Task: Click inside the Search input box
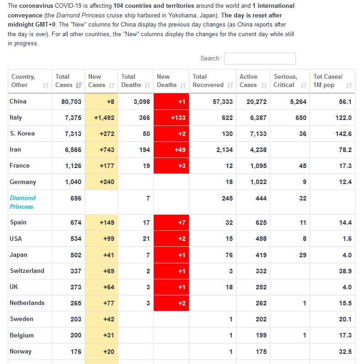click(260, 59)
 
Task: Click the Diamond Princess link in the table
click(22, 202)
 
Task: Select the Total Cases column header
click(68, 81)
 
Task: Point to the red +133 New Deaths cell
click(171, 118)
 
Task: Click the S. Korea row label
click(22, 134)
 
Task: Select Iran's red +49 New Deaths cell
click(171, 150)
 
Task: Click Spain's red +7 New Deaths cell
click(171, 223)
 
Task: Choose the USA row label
click(16, 239)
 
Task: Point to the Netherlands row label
click(27, 303)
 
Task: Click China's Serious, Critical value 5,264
click(298, 102)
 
